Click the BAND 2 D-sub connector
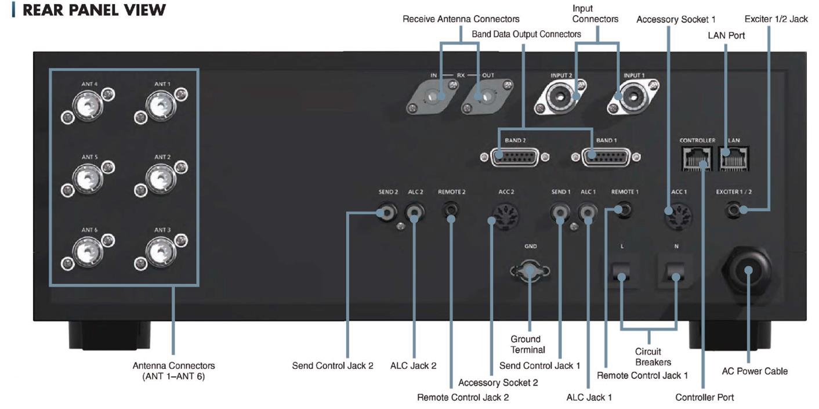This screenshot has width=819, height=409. coord(513,157)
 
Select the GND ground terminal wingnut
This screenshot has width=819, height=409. coord(530,272)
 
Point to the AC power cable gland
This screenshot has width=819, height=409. coord(747,271)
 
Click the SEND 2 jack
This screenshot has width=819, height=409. coord(386,213)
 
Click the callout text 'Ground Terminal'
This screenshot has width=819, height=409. coord(528,344)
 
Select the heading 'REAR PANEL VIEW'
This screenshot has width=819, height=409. coord(95,10)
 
